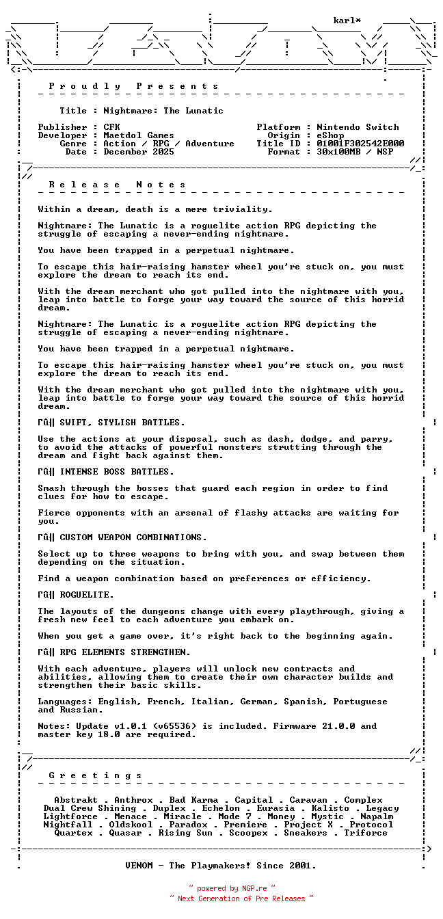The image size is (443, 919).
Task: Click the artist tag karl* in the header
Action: [347, 21]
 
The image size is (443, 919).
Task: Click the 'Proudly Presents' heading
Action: [134, 86]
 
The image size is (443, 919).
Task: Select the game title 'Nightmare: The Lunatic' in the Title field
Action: [163, 111]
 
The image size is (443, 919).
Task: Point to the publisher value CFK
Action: [111, 127]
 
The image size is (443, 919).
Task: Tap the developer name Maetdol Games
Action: [139, 135]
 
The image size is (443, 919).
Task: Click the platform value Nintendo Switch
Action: [358, 127]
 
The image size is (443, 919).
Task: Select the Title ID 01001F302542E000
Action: [360, 144]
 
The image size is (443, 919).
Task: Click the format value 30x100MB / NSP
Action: [355, 152]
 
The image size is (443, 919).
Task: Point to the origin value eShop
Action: [331, 135]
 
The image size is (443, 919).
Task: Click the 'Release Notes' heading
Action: [118, 185]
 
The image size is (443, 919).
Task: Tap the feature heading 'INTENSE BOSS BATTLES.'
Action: [117, 472]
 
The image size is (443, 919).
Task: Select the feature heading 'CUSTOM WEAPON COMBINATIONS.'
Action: [133, 537]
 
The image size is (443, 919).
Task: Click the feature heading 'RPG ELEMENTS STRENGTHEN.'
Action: [125, 652]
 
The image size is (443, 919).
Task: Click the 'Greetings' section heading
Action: [96, 775]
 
